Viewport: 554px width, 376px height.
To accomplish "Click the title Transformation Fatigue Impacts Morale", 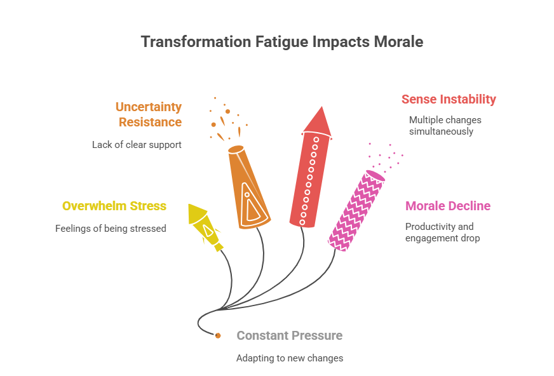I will [281, 42].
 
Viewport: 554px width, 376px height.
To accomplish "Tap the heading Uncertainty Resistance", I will [148, 114].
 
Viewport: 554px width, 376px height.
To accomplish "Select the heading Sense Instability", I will [449, 99].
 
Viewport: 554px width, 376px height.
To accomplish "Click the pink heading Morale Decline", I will [448, 206].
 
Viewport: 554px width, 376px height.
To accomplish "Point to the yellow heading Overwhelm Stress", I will [114, 206].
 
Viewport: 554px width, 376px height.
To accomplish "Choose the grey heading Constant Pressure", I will [289, 335].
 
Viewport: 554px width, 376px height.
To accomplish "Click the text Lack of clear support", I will [137, 145].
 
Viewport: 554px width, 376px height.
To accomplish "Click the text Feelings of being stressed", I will [111, 228].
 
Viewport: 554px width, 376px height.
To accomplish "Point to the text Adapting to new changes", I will [290, 358].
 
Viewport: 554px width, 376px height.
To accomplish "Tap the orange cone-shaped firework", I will [249, 187].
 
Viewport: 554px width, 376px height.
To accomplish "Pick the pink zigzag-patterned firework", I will [356, 210].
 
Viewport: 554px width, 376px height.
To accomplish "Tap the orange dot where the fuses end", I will [218, 335].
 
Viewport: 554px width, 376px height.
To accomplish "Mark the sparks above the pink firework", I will [385, 159].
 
